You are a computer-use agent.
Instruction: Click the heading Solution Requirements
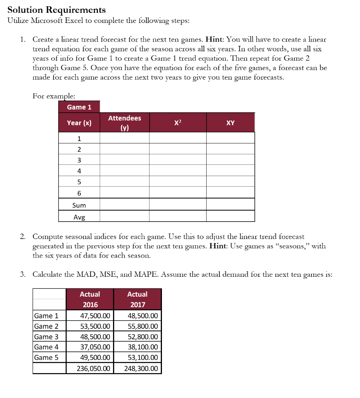click(57, 10)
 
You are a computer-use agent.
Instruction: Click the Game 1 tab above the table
click(79, 107)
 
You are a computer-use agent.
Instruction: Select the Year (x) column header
click(79, 123)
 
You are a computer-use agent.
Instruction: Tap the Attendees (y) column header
click(124, 123)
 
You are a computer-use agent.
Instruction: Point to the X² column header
click(177, 123)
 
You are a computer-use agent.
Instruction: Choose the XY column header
click(230, 123)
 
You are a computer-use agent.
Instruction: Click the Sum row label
click(79, 205)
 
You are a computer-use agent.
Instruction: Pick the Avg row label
click(79, 217)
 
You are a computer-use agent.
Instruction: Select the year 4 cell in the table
click(79, 170)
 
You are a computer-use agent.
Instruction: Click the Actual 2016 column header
click(90, 299)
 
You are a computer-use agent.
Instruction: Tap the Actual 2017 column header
click(137, 299)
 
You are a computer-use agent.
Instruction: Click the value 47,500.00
click(95, 316)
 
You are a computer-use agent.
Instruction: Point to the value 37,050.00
click(95, 347)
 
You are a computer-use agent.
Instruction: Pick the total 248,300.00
click(141, 368)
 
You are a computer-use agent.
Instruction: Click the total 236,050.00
click(93, 368)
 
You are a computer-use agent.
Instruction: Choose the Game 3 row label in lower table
click(46, 337)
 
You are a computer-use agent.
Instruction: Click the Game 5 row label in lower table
click(46, 358)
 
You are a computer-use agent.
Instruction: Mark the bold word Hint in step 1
click(214, 40)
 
